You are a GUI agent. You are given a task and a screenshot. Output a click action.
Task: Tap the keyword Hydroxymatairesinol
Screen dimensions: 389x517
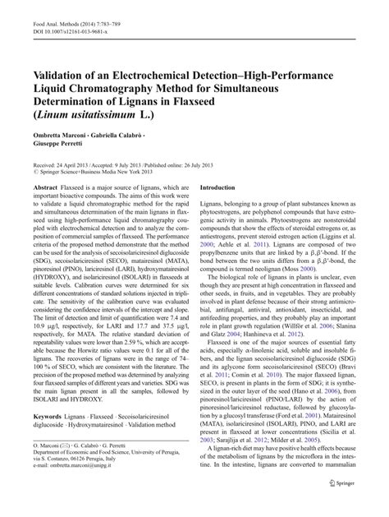pyautogui.click(x=93, y=449)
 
